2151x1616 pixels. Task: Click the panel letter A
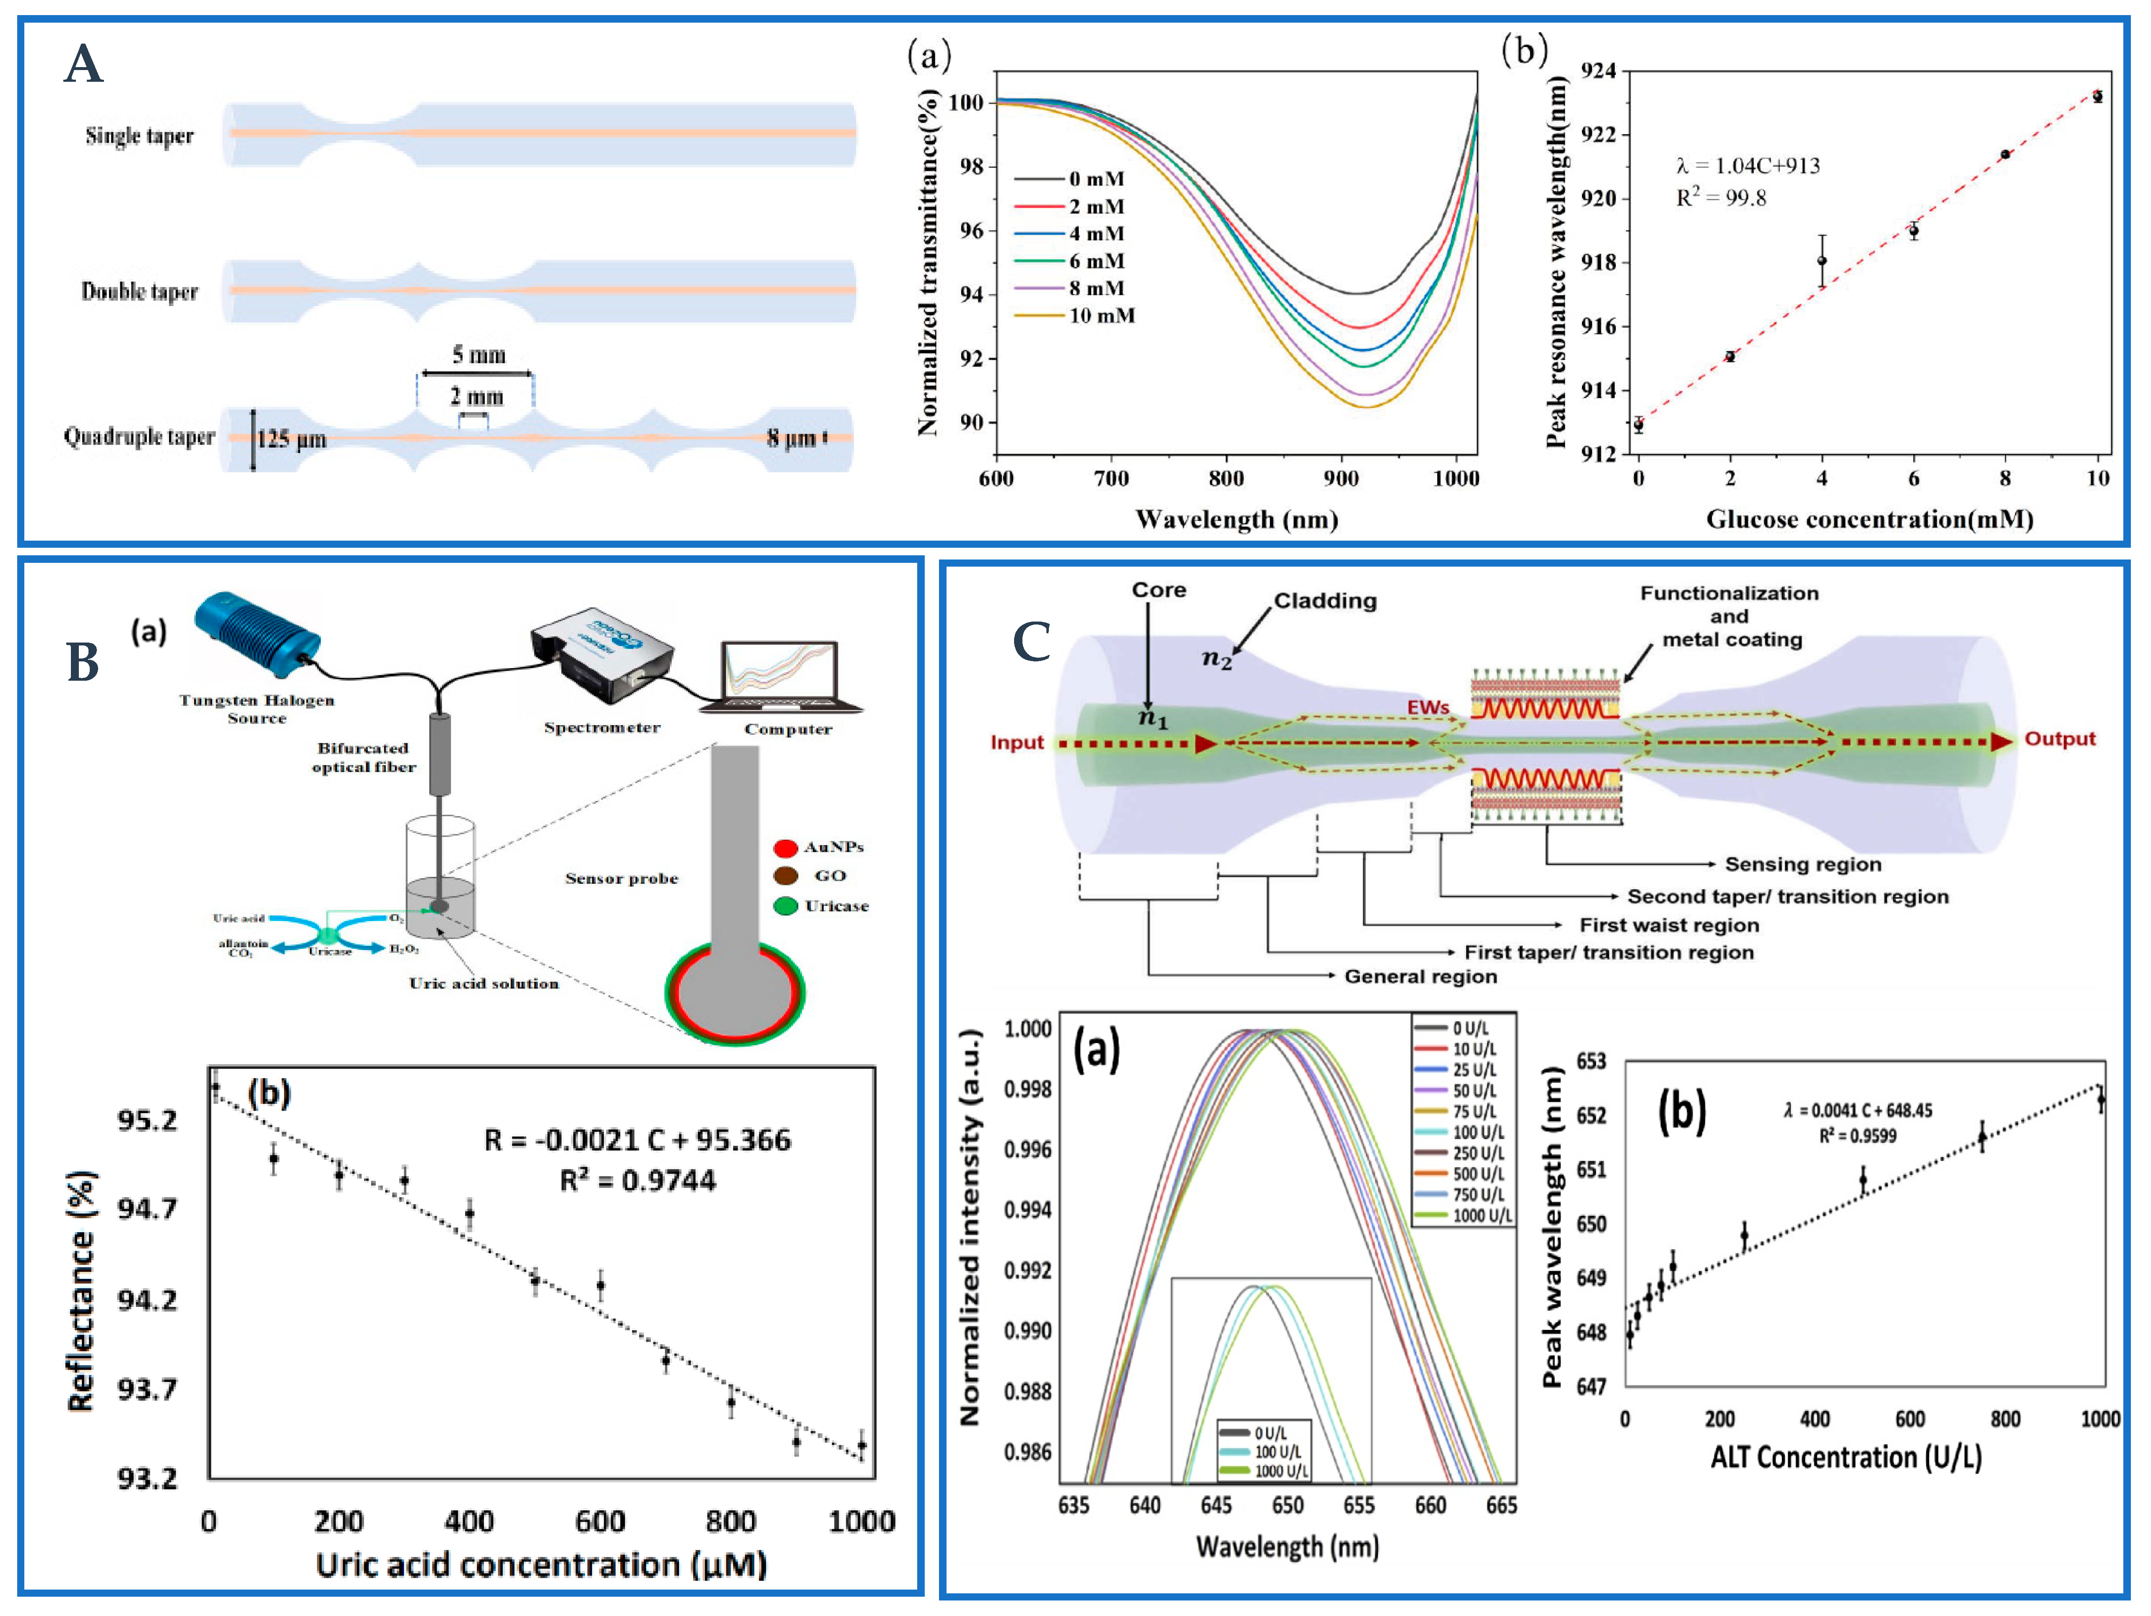83,65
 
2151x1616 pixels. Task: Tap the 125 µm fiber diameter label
291,439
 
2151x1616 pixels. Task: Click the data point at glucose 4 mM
1821,260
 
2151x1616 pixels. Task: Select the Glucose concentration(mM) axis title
1869,519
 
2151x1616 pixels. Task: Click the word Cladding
1325,601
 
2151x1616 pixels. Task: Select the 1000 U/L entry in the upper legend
1481,1215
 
